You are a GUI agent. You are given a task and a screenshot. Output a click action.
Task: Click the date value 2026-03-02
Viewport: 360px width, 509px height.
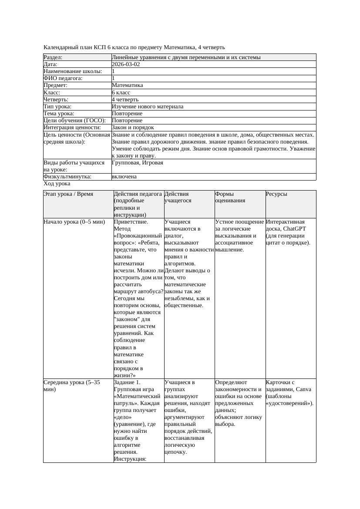coord(126,64)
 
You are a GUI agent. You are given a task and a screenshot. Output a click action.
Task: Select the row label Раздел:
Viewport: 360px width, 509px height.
coord(53,57)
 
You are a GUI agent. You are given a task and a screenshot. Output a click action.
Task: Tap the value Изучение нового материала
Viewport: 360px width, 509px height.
coord(148,107)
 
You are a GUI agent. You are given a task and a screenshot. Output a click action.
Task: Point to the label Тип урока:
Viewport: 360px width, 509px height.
coord(57,107)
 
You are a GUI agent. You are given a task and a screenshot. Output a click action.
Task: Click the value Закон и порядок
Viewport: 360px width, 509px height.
coord(133,127)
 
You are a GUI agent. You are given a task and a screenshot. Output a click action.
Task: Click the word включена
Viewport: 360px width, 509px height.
coord(124,177)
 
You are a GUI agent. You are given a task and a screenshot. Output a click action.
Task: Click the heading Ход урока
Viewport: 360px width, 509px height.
coord(57,184)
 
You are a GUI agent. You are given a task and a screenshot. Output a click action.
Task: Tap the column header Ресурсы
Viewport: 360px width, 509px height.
coord(276,194)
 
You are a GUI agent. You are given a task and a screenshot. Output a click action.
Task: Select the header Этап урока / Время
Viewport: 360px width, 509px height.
coord(68,194)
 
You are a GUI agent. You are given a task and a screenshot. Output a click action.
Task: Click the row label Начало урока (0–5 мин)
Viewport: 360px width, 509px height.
coord(74,222)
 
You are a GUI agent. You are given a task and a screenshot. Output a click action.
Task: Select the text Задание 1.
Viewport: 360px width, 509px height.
coord(127,382)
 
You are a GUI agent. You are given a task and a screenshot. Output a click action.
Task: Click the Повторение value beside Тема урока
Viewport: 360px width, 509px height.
coord(127,114)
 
